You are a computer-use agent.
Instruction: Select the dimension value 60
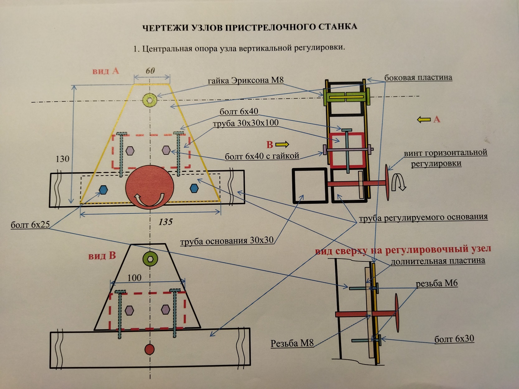(x=150, y=71)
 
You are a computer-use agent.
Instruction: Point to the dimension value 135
(x=165, y=222)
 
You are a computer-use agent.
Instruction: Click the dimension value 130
(x=62, y=159)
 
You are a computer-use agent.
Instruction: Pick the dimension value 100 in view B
(x=134, y=278)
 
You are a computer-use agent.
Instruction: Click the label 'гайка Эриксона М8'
(x=246, y=80)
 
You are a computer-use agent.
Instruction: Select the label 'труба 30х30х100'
(x=245, y=123)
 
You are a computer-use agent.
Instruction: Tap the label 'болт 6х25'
(x=30, y=225)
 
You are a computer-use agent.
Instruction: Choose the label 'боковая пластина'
(x=418, y=77)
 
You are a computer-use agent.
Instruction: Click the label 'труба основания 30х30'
(x=227, y=241)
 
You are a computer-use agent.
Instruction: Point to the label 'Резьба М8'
(x=292, y=343)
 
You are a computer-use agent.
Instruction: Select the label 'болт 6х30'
(x=454, y=339)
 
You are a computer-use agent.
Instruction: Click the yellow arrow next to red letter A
(x=424, y=120)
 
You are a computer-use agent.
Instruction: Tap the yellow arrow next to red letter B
(x=282, y=144)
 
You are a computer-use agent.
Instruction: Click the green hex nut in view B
(x=150, y=259)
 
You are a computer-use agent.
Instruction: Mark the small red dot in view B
(x=150, y=349)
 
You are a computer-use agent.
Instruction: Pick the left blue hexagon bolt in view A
(x=103, y=189)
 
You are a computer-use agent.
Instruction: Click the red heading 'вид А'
(x=106, y=71)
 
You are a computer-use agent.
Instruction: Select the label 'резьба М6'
(x=436, y=284)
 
